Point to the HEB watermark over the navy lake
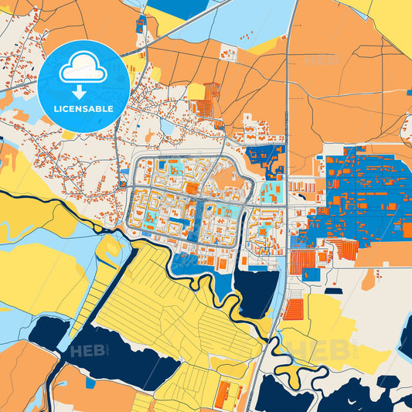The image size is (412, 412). [89, 352]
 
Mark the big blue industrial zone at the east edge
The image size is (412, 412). [363, 193]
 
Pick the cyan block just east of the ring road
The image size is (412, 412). [271, 192]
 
